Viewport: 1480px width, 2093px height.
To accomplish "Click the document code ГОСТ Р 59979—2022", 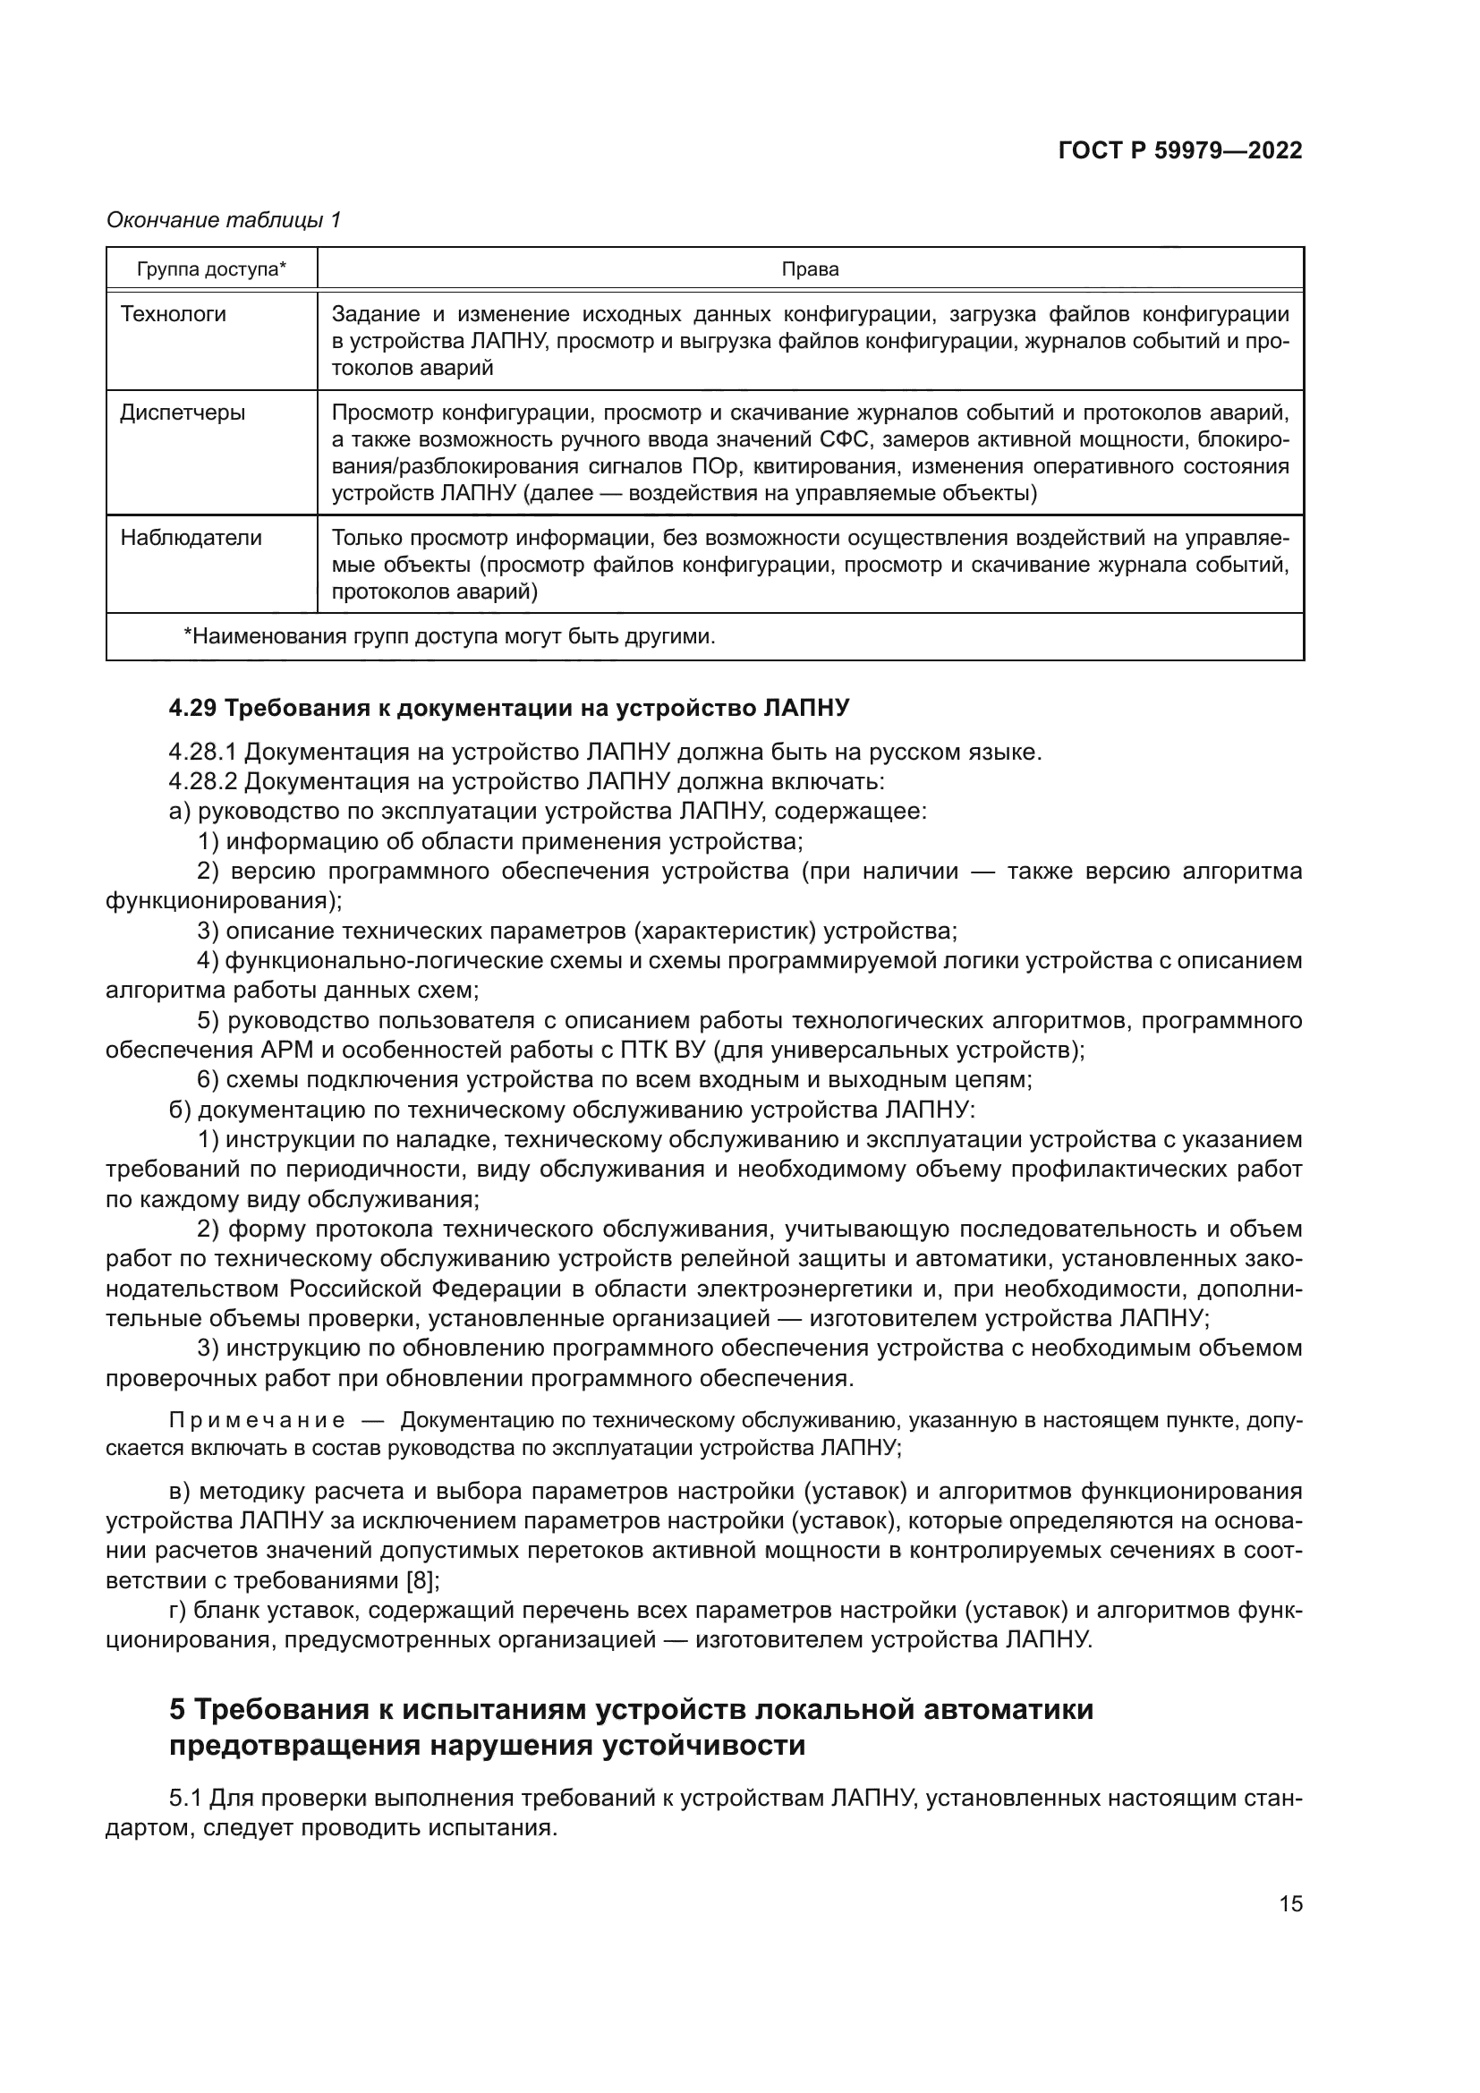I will (x=1179, y=151).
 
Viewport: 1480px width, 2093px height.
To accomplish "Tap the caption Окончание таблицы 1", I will (x=224, y=220).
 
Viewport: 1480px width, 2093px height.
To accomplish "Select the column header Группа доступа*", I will (x=211, y=270).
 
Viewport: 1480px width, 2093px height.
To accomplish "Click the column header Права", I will (x=809, y=270).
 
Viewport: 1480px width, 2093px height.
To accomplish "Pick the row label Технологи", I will (x=174, y=314).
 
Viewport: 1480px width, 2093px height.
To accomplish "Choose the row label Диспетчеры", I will (x=183, y=413).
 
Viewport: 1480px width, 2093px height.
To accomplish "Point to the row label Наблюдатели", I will (x=191, y=538).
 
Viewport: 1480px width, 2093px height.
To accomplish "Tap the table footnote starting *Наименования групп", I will (x=449, y=636).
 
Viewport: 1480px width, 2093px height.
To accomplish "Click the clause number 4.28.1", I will (x=202, y=753).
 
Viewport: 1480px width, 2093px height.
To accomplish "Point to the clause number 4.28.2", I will (x=202, y=782).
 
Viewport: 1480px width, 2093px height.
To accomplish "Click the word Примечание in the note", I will (x=256, y=1421).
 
